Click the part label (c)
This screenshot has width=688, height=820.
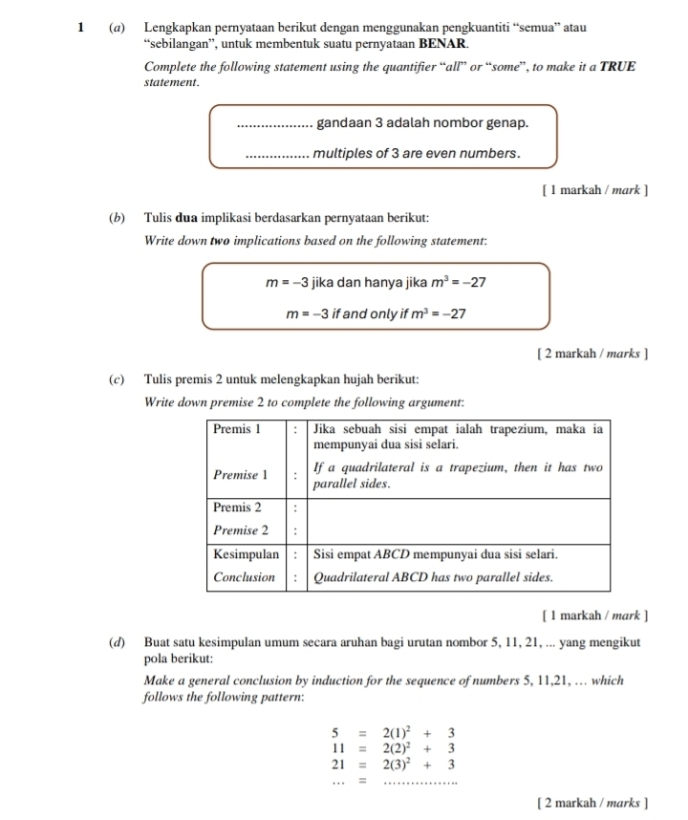pyautogui.click(x=116, y=380)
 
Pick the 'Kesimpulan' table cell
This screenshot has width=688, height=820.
pyautogui.click(x=246, y=553)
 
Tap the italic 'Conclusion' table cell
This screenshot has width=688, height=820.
pyautogui.click(x=245, y=577)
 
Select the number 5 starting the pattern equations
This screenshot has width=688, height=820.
pyautogui.click(x=336, y=734)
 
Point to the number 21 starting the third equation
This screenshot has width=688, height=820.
pyautogui.click(x=335, y=766)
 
